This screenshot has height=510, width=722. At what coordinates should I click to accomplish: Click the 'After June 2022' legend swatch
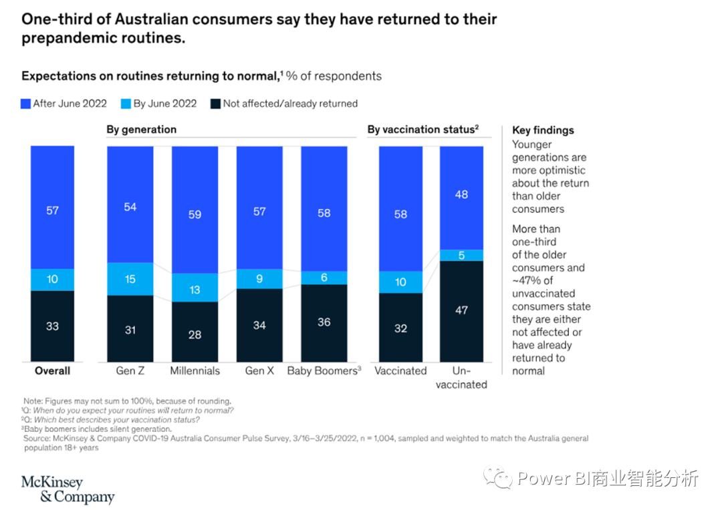(x=26, y=104)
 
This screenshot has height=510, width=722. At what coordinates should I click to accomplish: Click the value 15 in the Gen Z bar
(x=130, y=279)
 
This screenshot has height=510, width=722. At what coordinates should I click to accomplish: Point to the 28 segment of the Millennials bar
(x=195, y=334)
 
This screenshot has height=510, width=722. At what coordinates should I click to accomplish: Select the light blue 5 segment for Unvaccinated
(x=461, y=255)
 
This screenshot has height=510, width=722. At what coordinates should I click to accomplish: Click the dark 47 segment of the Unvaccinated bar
(x=461, y=310)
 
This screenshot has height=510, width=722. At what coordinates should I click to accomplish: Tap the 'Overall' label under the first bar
(x=52, y=370)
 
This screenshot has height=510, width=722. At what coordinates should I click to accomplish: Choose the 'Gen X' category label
(x=259, y=370)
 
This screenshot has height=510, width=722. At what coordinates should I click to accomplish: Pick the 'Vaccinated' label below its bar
(x=400, y=370)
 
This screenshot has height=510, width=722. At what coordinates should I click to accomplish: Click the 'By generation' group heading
(x=142, y=130)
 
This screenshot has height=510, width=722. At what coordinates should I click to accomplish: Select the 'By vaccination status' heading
(x=423, y=130)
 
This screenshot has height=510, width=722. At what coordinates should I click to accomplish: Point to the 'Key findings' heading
(x=543, y=130)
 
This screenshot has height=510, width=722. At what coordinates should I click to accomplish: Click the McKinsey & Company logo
(x=68, y=489)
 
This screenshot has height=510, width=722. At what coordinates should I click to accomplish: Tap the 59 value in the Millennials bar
(x=195, y=214)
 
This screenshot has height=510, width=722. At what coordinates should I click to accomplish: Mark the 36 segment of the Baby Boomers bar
(x=324, y=322)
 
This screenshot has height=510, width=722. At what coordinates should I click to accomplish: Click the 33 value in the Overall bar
(x=52, y=326)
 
